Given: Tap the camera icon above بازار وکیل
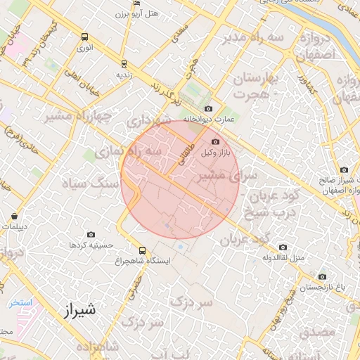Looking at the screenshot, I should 215,141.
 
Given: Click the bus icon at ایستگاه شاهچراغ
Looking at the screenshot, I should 143,250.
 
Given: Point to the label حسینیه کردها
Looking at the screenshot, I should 87,245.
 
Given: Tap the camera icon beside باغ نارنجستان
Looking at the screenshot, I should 322,277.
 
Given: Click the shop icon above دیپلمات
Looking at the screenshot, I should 15,216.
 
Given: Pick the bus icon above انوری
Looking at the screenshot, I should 84,37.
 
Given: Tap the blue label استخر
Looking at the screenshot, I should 21,302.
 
